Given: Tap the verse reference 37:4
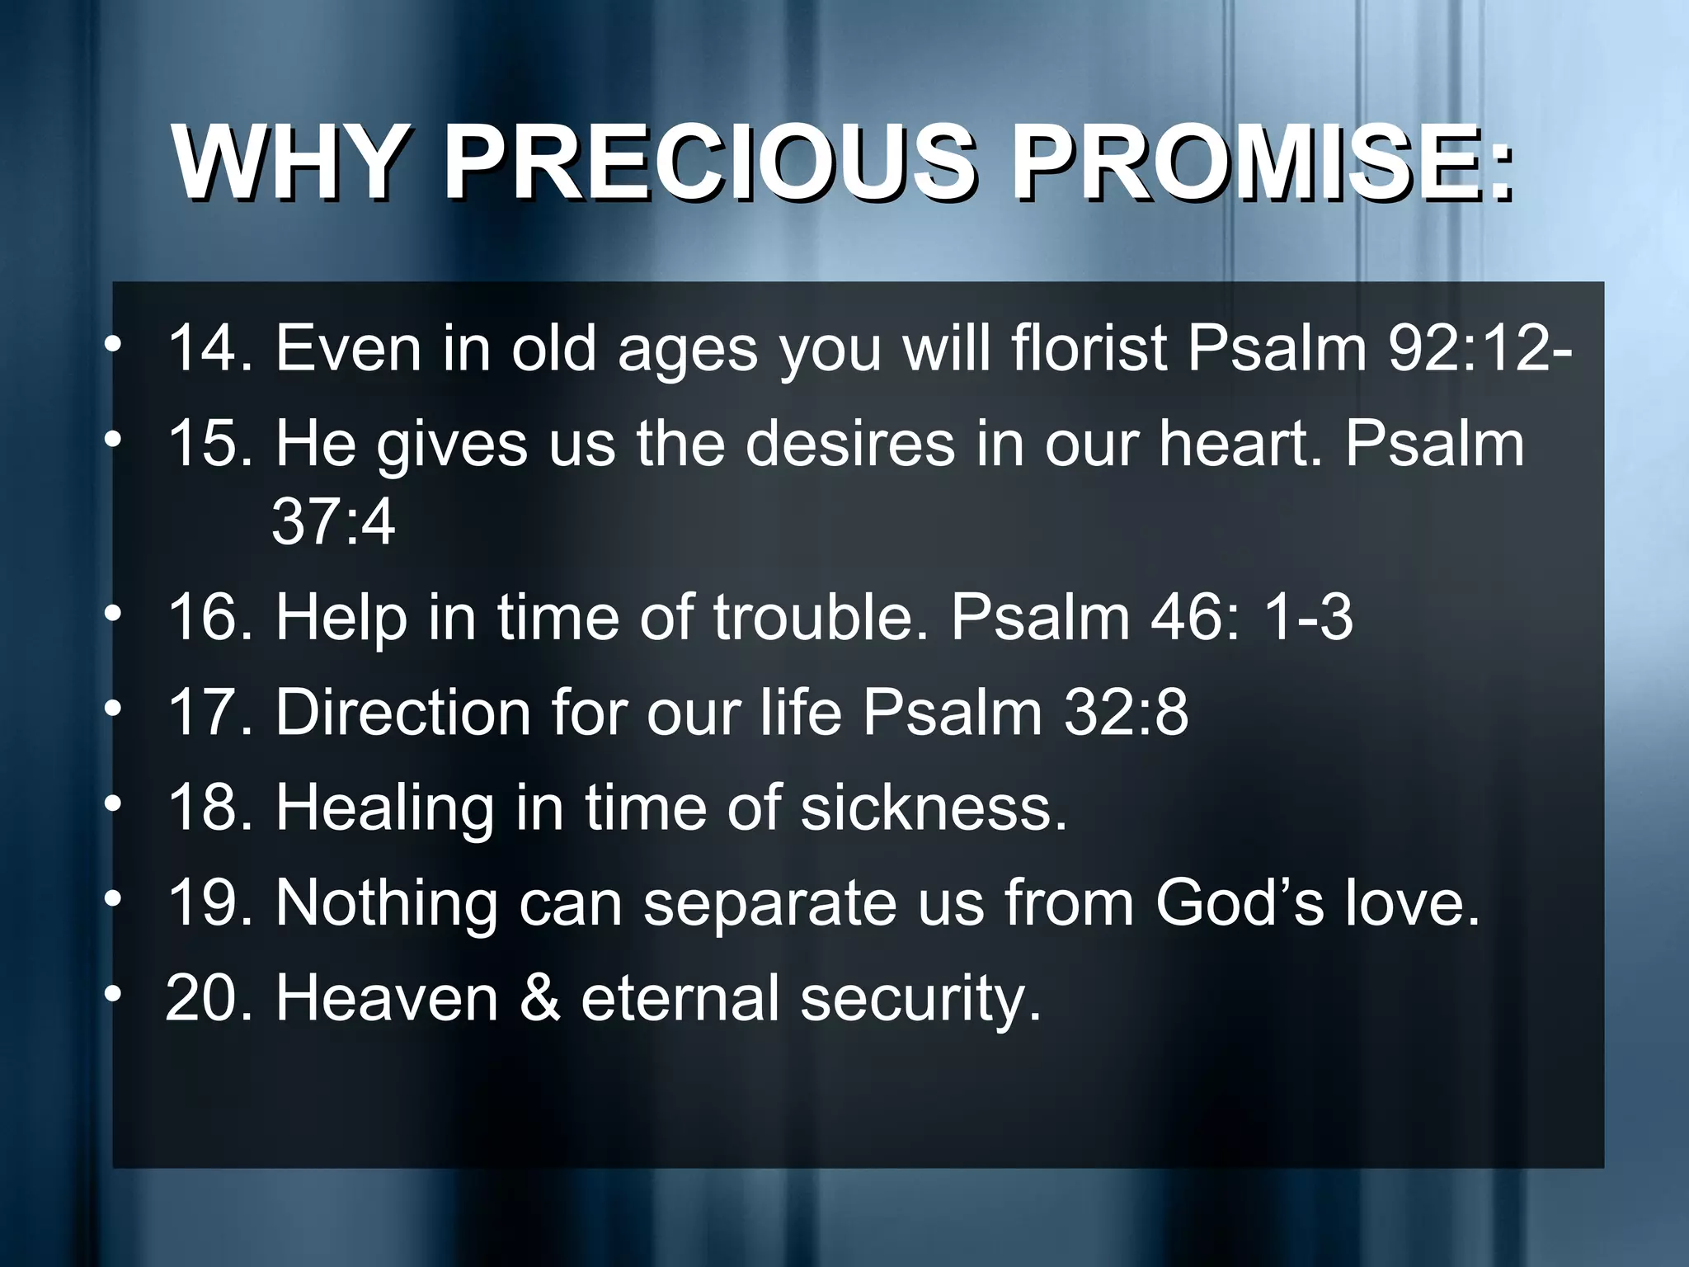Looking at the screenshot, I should (x=333, y=521).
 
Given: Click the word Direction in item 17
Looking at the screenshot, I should (x=402, y=712).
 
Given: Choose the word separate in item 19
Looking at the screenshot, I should (x=771, y=903).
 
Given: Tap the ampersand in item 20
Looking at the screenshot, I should (x=540, y=998).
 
